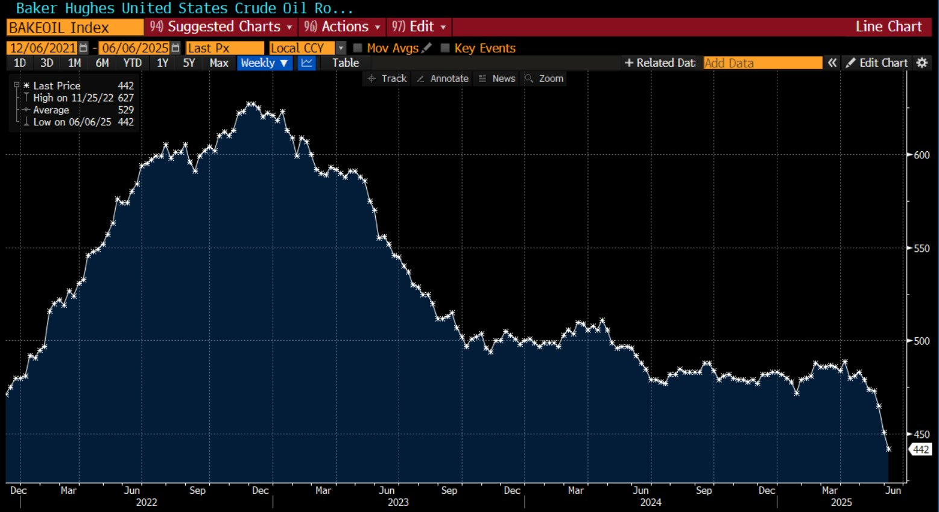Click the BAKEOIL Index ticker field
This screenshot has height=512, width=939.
[x=75, y=28]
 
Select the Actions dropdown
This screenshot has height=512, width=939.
[x=343, y=27]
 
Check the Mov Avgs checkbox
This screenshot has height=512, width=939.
[x=358, y=48]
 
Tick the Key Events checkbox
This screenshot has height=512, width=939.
[x=445, y=48]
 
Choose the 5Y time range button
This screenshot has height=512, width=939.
[x=189, y=63]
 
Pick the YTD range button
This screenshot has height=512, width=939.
[x=132, y=63]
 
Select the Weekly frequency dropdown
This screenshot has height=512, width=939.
[x=264, y=63]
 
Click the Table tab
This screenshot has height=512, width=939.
[x=346, y=63]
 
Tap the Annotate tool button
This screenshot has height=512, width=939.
[x=443, y=79]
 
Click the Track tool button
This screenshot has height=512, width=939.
[x=387, y=79]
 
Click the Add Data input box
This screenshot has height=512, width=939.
[x=762, y=63]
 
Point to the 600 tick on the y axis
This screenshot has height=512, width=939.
[x=921, y=155]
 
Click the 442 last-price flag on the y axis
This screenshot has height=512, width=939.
[x=920, y=449]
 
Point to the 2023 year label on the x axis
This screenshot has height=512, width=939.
[x=398, y=502]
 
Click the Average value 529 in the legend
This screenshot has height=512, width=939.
[x=125, y=110]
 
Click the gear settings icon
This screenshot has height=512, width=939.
[x=922, y=63]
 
